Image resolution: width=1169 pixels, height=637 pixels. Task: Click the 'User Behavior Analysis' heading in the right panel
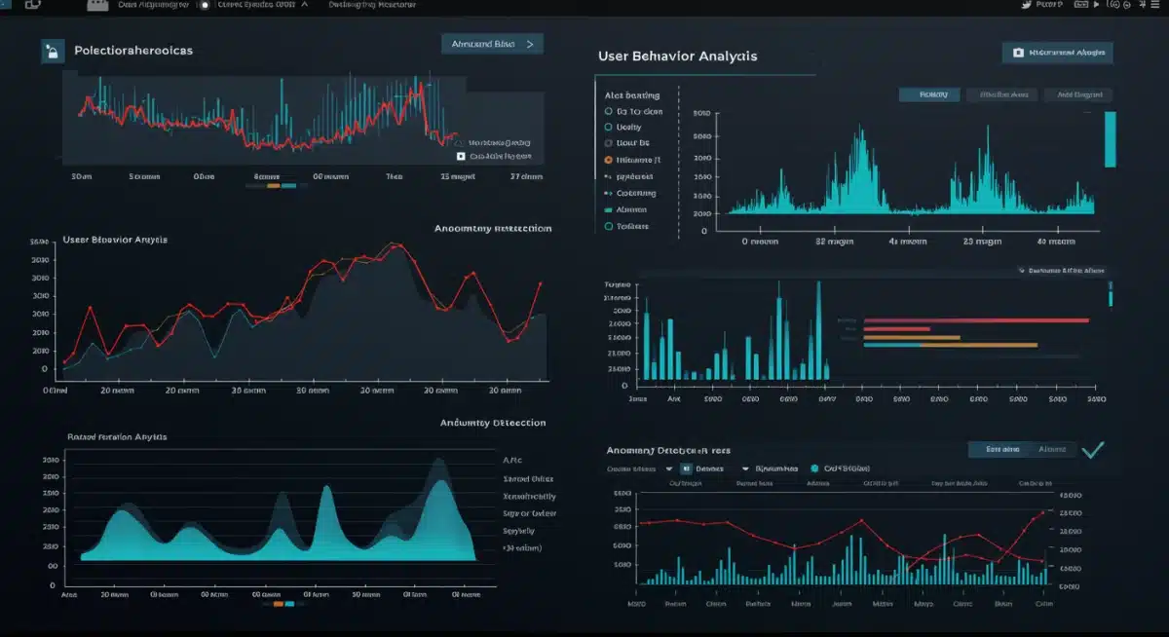pos(677,56)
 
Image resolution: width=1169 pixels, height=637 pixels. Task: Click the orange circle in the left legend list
pos(609,160)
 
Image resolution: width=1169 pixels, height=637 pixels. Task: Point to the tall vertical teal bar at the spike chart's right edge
pos(1110,139)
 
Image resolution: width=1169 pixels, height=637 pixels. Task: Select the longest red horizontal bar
pos(975,319)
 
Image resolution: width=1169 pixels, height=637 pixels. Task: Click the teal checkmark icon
pos(1092,449)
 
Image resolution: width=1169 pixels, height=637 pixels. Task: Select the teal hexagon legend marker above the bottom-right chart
pos(814,468)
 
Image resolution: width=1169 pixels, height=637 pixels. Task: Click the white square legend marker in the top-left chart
pos(460,156)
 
